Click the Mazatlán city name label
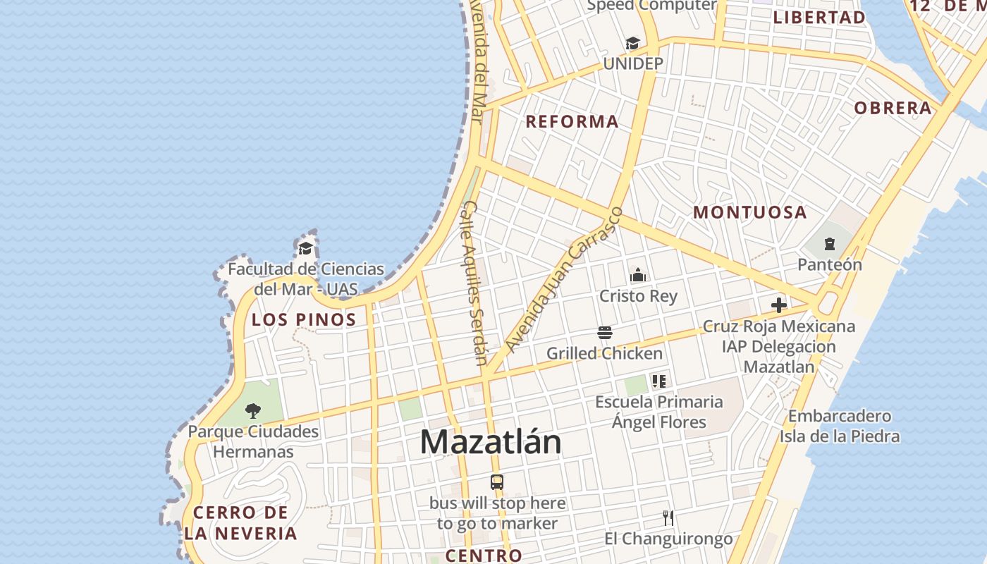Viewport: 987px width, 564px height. click(x=491, y=442)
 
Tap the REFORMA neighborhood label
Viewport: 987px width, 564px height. click(x=572, y=121)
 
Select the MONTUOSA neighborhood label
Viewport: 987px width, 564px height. click(x=750, y=212)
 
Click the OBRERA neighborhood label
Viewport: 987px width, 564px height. click(x=893, y=108)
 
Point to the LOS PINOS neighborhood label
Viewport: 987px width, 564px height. click(x=304, y=319)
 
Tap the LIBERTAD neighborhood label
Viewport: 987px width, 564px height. click(x=819, y=18)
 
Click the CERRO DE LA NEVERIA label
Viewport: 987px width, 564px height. click(x=241, y=522)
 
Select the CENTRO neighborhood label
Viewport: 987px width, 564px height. click(x=484, y=555)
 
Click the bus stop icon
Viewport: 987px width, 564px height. click(x=497, y=482)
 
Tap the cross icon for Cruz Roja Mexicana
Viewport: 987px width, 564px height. click(x=779, y=305)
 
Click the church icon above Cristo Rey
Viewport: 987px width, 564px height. click(x=638, y=274)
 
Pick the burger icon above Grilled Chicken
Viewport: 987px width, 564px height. click(x=604, y=332)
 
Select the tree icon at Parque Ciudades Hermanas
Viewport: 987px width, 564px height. click(x=252, y=410)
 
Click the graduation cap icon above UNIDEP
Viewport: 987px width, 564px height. click(x=632, y=44)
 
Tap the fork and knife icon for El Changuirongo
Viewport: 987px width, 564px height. click(x=668, y=518)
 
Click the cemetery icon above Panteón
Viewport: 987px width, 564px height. click(x=829, y=244)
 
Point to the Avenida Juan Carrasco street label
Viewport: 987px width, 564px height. click(x=564, y=280)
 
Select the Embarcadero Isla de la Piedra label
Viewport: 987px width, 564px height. click(x=839, y=426)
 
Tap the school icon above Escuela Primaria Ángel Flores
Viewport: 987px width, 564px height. click(x=659, y=381)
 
